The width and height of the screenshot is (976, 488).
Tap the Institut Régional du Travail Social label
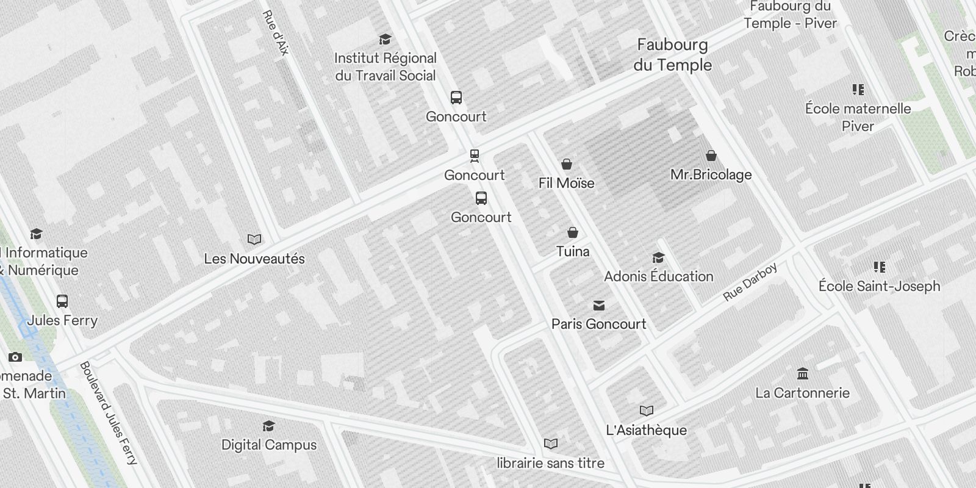click(x=386, y=67)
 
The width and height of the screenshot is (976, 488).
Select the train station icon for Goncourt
click(x=475, y=156)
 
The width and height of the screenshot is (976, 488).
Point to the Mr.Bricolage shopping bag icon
click(x=711, y=156)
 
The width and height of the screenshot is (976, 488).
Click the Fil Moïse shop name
click(x=566, y=183)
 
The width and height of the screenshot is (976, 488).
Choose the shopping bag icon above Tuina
click(x=573, y=232)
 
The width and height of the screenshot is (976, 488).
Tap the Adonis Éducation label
click(x=659, y=276)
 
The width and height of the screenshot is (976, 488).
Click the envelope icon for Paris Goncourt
click(x=599, y=306)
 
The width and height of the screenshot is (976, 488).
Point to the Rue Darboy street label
click(x=750, y=282)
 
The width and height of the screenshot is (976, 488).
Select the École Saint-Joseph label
click(x=879, y=286)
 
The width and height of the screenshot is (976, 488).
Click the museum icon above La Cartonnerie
click(x=803, y=373)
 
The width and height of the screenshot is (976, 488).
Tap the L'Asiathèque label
click(x=646, y=430)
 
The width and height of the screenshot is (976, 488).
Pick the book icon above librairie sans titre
click(x=550, y=443)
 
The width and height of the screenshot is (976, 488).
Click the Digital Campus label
click(x=269, y=445)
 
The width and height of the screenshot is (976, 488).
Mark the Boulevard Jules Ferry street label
click(x=109, y=413)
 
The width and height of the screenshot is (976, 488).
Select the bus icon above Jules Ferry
click(x=62, y=301)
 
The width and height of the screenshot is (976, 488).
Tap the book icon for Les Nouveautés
click(x=254, y=240)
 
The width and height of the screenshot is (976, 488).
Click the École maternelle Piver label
click(x=858, y=117)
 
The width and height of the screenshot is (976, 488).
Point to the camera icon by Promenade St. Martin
click(x=15, y=357)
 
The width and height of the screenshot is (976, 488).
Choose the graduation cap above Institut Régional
click(x=385, y=40)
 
